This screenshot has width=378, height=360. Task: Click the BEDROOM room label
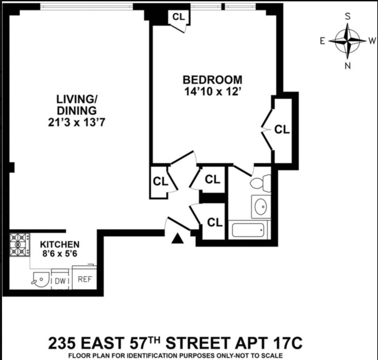click(213, 80)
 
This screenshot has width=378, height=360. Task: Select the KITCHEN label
click(60, 244)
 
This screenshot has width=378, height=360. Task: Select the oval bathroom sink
click(261, 207)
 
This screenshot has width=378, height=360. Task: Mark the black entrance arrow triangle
click(177, 239)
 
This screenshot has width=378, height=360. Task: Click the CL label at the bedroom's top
click(179, 16)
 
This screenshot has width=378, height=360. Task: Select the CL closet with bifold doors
click(282, 129)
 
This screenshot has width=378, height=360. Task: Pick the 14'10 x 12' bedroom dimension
click(213, 92)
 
